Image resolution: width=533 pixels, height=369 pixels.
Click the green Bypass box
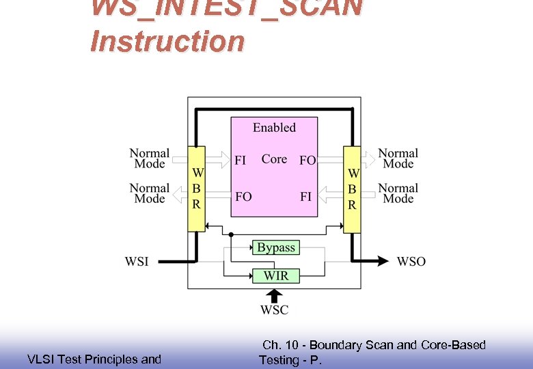(x=276, y=247)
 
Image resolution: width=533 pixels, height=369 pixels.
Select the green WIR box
(x=276, y=275)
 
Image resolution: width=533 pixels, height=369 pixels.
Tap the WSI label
(x=137, y=261)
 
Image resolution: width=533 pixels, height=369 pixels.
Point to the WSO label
(x=411, y=261)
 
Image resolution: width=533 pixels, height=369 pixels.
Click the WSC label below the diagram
(x=274, y=310)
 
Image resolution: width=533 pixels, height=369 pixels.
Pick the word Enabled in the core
(x=274, y=128)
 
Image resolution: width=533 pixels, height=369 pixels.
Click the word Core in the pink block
(x=274, y=159)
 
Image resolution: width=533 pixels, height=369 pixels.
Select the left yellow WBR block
(x=196, y=189)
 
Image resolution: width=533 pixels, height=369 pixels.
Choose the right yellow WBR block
(x=352, y=189)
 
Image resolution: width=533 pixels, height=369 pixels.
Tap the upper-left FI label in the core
(x=241, y=161)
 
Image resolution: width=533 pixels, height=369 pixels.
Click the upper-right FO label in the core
(x=307, y=161)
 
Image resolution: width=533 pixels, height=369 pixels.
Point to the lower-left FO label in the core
(x=243, y=197)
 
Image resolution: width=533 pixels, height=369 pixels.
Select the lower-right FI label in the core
(x=305, y=197)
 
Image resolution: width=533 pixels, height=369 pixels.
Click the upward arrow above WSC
(x=274, y=295)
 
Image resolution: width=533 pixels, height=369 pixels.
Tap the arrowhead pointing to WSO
(x=381, y=261)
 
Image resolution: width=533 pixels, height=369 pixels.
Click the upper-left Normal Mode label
(x=150, y=159)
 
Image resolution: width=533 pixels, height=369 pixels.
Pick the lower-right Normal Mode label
(x=398, y=193)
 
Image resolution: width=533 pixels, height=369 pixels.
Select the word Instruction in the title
(x=167, y=42)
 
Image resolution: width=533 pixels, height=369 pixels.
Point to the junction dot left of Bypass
(x=231, y=234)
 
